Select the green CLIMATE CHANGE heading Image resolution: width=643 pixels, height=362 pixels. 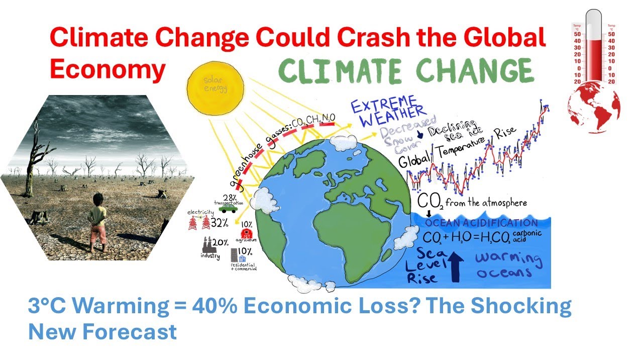pyautogui.click(x=405, y=72)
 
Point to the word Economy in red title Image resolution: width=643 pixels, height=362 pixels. pyautogui.click(x=108, y=70)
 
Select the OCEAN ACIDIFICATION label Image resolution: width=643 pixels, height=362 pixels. pyautogui.click(x=481, y=223)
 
